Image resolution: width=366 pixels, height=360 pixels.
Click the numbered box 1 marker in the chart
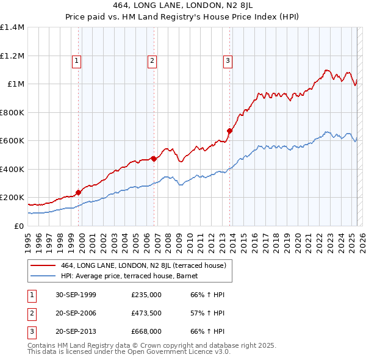[x=76, y=60]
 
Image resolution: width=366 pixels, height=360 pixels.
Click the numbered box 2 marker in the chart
[x=151, y=60]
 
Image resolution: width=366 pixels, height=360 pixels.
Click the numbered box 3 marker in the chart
[x=227, y=60]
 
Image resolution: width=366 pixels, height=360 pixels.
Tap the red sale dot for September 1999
[x=79, y=192]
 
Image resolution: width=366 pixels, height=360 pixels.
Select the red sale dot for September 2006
[x=154, y=159]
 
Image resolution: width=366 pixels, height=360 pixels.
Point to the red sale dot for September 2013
[x=230, y=131]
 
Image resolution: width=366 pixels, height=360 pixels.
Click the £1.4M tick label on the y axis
[x=12, y=27]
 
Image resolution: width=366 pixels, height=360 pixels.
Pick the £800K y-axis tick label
[x=12, y=112]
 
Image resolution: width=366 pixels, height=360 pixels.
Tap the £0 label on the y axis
[x=19, y=226]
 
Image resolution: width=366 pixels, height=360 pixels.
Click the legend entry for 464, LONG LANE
[x=143, y=265]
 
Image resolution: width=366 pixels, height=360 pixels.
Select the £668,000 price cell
[x=146, y=331]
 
